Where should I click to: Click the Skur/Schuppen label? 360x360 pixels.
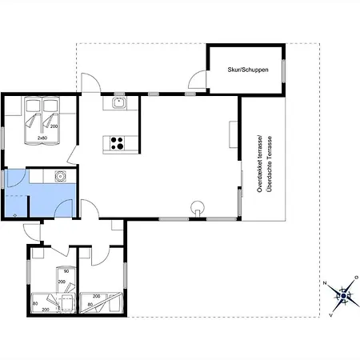coord(248,70)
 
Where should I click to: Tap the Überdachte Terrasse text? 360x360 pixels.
coord(270,164)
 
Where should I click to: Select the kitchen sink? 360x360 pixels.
coord(119,102)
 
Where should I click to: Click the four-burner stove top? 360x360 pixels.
coord(117,143)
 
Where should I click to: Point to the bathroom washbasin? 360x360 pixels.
coord(61,176)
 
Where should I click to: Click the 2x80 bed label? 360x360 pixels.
coord(42,138)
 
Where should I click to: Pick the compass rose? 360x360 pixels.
coord(343,296)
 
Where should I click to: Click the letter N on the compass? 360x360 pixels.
coord(325,283)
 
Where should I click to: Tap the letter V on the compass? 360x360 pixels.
coord(331,315)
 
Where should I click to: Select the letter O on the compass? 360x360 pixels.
coord(356,278)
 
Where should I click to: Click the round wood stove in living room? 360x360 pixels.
coord(198,207)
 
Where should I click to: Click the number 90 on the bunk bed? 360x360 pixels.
coord(66,271)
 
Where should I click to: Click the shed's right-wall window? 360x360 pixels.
coord(284,71)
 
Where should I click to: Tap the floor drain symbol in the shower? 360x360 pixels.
coord(14,215)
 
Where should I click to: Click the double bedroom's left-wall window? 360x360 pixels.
coord(2,138)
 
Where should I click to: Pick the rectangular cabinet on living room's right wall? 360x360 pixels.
coord(234,134)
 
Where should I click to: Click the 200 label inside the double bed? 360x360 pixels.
coord(54,126)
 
